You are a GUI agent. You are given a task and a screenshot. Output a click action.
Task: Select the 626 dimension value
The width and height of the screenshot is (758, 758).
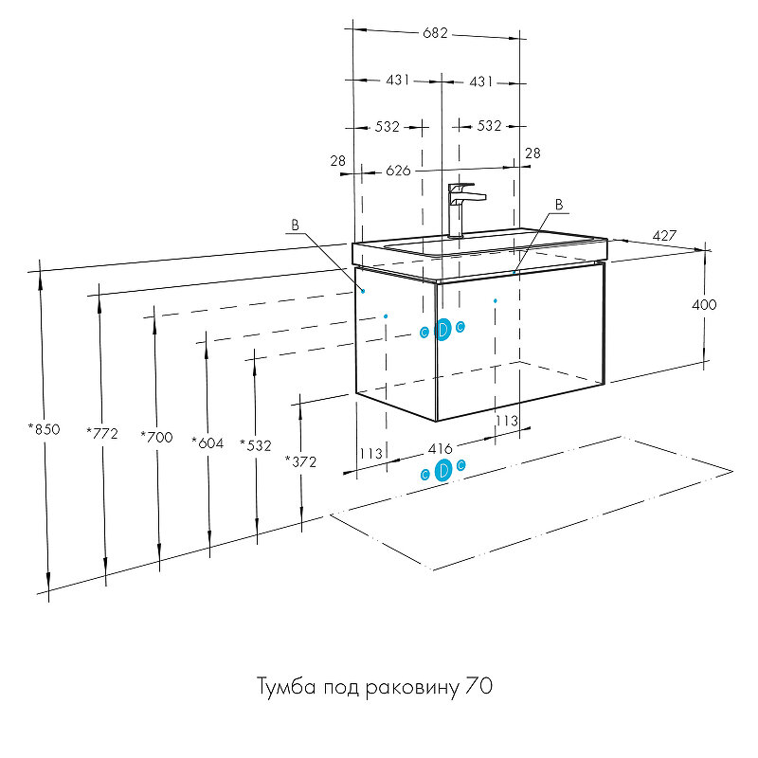(x=398, y=171)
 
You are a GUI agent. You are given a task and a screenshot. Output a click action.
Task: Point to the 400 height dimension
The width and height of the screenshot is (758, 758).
(x=705, y=305)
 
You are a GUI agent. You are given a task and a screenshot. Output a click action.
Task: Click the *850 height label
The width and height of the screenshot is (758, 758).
(x=44, y=429)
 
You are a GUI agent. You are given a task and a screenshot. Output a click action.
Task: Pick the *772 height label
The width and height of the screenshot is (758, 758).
(x=101, y=433)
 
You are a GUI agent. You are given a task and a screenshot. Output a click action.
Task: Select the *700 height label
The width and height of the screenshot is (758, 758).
(x=155, y=437)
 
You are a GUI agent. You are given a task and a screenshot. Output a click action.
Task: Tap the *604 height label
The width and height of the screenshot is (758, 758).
(x=207, y=442)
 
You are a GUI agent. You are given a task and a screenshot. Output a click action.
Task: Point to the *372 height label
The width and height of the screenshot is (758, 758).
(x=300, y=461)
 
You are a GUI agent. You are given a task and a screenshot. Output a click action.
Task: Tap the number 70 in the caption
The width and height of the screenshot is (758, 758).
(x=478, y=685)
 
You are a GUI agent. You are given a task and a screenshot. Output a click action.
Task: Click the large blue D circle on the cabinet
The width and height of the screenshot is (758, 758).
(x=442, y=329)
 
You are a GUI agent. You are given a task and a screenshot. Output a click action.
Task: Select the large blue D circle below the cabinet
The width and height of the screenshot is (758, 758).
(x=442, y=471)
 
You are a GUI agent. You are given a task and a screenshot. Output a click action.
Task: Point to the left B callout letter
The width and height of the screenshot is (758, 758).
(x=295, y=226)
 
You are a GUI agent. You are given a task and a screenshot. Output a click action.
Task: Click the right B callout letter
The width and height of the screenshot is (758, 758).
(x=558, y=204)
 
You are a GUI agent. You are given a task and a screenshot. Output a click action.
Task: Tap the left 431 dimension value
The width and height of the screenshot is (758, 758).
(x=398, y=81)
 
